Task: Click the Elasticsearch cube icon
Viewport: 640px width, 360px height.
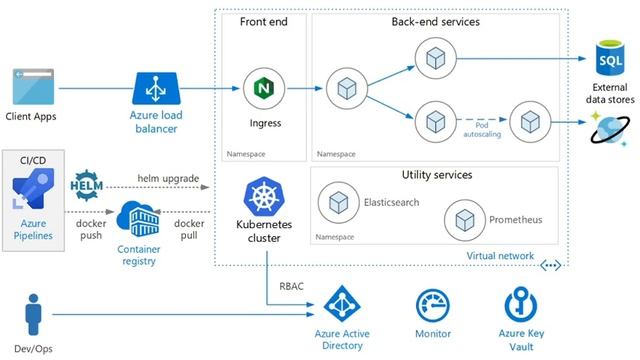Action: (x=337, y=203)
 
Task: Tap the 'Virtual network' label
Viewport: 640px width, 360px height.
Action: (x=500, y=257)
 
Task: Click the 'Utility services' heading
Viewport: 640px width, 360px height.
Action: (x=436, y=175)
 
